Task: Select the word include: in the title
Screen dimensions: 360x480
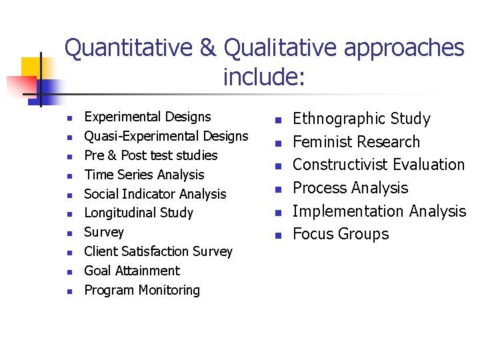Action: click(264, 77)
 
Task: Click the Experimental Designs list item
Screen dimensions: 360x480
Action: click(147, 117)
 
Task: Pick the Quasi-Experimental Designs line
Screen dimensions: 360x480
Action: click(166, 136)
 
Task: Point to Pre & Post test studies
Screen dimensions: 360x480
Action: click(151, 155)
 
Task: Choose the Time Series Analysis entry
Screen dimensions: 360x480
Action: click(144, 175)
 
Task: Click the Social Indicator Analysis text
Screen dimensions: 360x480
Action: click(155, 194)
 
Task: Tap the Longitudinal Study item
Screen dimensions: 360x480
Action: click(139, 213)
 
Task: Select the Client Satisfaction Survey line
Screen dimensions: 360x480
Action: click(158, 252)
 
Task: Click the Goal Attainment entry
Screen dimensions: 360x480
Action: click(132, 271)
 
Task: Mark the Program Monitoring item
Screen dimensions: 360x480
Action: click(142, 291)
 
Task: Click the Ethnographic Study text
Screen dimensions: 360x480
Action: click(362, 119)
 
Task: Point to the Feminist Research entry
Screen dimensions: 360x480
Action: click(357, 142)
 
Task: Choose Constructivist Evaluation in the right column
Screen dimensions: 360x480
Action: click(379, 165)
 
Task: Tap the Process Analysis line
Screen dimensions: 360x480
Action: click(351, 188)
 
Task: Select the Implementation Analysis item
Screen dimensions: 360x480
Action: click(379, 211)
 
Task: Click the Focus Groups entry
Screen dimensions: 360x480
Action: click(341, 234)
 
